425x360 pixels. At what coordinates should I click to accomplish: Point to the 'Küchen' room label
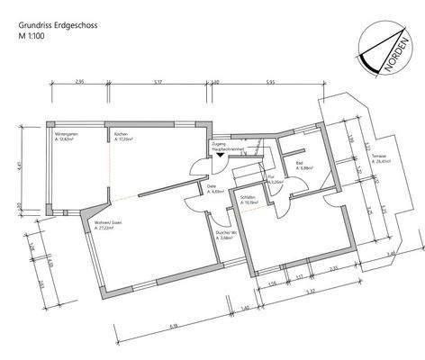(x=121, y=135)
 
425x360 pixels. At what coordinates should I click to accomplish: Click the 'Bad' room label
(x=298, y=164)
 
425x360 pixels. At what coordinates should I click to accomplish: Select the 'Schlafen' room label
(x=249, y=199)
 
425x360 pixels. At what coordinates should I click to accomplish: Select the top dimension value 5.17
(x=158, y=83)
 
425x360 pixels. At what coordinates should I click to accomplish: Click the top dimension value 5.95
(x=270, y=83)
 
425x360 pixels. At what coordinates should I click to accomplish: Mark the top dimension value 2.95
(x=79, y=83)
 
